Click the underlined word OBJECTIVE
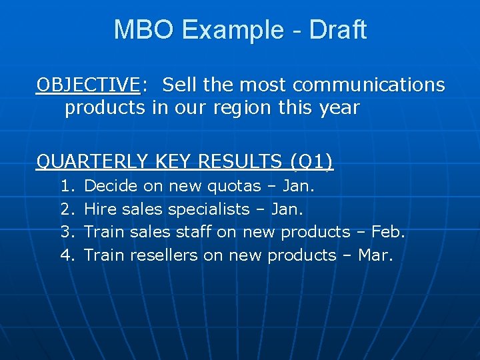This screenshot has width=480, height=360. point(88,85)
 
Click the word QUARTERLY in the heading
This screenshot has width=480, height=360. point(93,161)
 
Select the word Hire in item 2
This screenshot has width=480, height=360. point(100,209)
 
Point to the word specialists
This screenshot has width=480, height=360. point(208,209)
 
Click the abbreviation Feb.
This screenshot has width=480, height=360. point(388,232)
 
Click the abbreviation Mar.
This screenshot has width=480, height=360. point(375,255)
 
